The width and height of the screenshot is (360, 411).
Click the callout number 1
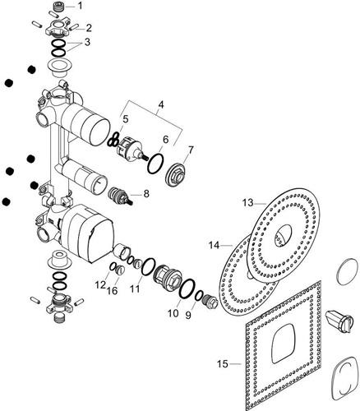tap(80, 6)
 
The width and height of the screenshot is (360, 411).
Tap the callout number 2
tap(89, 27)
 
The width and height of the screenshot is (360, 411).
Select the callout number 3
tap(87, 43)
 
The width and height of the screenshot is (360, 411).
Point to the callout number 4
tap(161, 104)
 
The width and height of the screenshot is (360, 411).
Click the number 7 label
tap(191, 150)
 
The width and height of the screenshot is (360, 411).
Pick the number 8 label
tap(146, 194)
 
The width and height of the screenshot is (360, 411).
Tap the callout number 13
tap(248, 203)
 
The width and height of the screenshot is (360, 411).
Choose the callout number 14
tap(215, 245)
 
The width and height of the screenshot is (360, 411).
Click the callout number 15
tap(223, 364)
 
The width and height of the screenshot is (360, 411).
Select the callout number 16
tap(113, 291)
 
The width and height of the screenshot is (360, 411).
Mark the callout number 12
tap(100, 285)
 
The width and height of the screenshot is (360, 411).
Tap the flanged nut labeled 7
tap(177, 175)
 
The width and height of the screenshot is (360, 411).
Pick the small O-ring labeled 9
tap(199, 295)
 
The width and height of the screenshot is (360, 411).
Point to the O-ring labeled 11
tap(148, 266)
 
